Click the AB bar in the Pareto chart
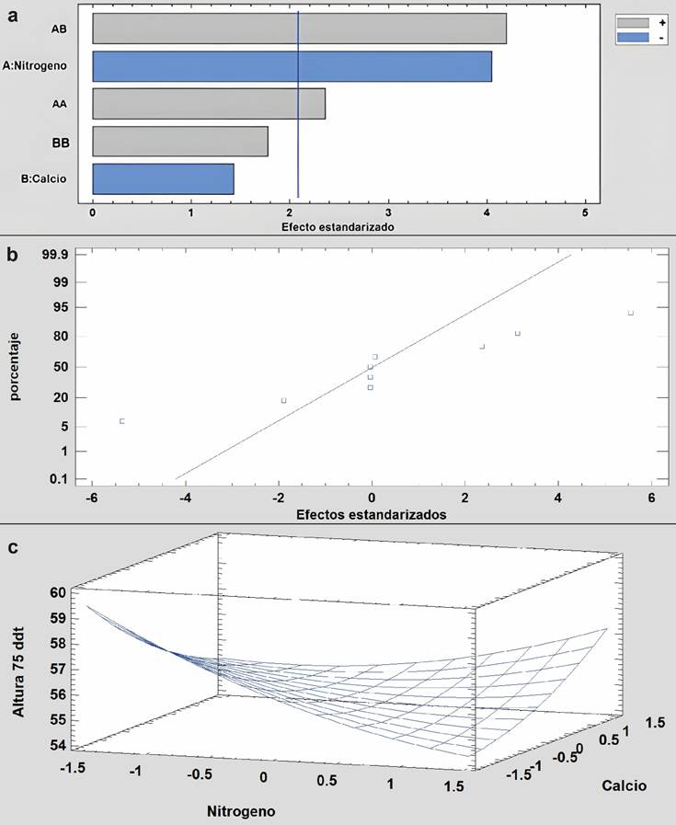click(x=299, y=29)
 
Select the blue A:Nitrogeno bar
click(x=292, y=66)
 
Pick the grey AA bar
click(x=209, y=104)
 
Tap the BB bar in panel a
click(x=180, y=142)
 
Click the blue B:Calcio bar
click(x=163, y=179)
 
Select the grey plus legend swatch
click(x=633, y=22)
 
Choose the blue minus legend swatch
click(x=633, y=36)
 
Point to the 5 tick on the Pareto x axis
click(x=586, y=212)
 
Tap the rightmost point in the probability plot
click(x=631, y=314)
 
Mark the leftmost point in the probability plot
click(x=121, y=421)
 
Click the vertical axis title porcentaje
click(x=15, y=368)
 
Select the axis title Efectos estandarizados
click(x=371, y=515)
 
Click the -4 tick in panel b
click(x=186, y=498)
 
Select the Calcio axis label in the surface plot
click(x=624, y=785)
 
